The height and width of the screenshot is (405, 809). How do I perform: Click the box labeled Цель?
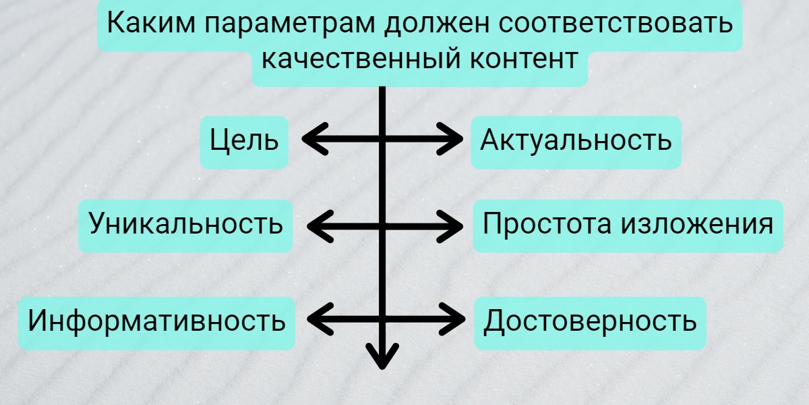pos(244,142)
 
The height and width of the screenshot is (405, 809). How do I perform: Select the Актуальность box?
pos(576,142)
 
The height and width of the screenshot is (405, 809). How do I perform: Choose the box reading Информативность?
pos(156,322)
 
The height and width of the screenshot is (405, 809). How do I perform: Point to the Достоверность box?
pos(589,322)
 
